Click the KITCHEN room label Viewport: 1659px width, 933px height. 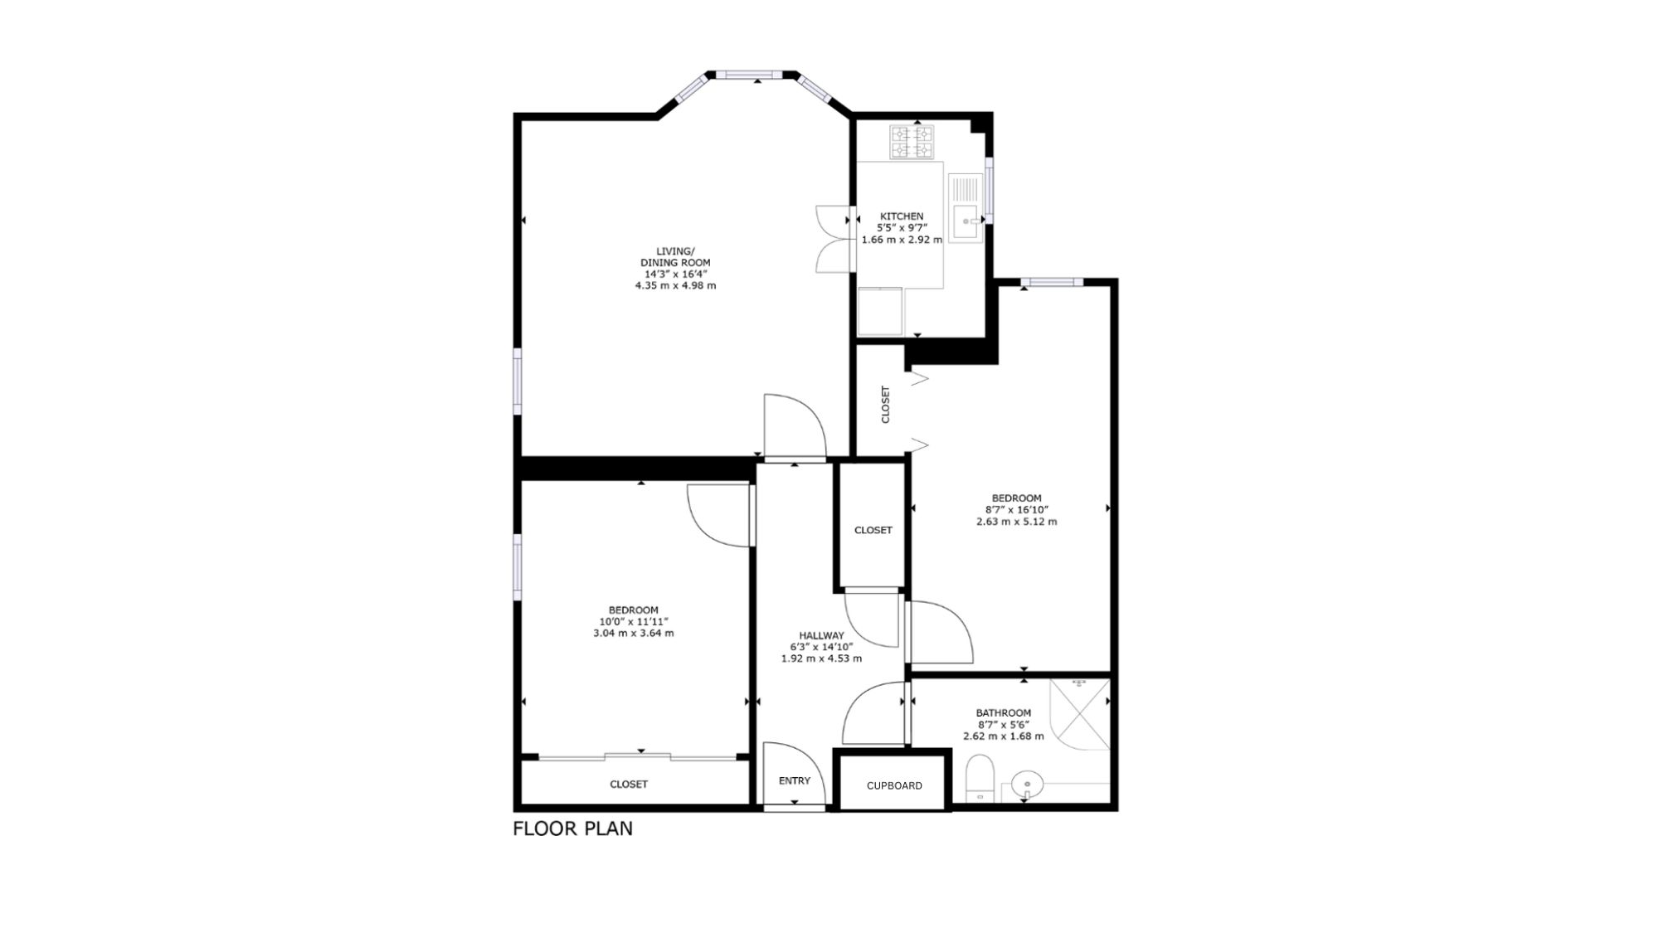click(x=902, y=216)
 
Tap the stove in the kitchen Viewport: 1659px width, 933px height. click(x=912, y=142)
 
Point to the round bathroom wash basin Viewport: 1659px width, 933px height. click(x=1028, y=782)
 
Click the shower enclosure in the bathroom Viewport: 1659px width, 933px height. click(x=1079, y=714)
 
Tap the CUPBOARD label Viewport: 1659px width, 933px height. click(x=894, y=785)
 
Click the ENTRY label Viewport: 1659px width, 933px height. click(x=795, y=780)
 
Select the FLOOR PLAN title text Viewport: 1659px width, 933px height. click(x=572, y=829)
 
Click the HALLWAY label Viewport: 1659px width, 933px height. click(x=821, y=636)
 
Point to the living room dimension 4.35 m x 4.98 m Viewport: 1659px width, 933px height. click(x=675, y=285)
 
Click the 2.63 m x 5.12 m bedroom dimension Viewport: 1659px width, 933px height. click(x=1016, y=522)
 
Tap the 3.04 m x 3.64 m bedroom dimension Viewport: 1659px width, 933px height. click(x=633, y=633)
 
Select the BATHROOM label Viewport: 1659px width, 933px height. click(x=1004, y=712)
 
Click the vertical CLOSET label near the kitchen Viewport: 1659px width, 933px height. click(x=885, y=405)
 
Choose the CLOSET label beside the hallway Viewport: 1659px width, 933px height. click(x=873, y=530)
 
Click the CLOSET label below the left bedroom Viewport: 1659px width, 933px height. click(x=629, y=784)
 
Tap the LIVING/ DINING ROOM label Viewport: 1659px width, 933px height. click(x=675, y=257)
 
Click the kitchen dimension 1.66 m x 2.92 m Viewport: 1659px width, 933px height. click(x=902, y=240)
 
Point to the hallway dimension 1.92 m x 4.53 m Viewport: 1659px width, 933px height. click(x=821, y=658)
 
